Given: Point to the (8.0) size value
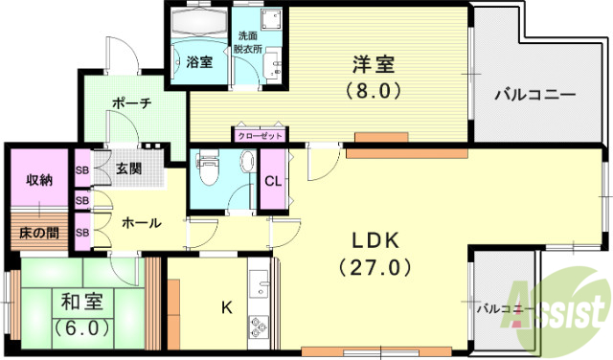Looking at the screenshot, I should (375, 93).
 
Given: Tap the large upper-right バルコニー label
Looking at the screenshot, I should (534, 96).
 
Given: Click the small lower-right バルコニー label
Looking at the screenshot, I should (505, 309).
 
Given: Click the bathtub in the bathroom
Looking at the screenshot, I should (199, 26).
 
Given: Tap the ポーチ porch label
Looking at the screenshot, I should (130, 104).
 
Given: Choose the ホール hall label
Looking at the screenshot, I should (141, 222).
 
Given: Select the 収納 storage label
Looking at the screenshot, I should (39, 179).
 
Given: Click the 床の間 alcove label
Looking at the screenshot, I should (39, 232).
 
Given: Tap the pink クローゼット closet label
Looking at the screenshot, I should (259, 136).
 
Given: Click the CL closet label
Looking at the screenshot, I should (272, 181).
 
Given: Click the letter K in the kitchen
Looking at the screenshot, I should (226, 307).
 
